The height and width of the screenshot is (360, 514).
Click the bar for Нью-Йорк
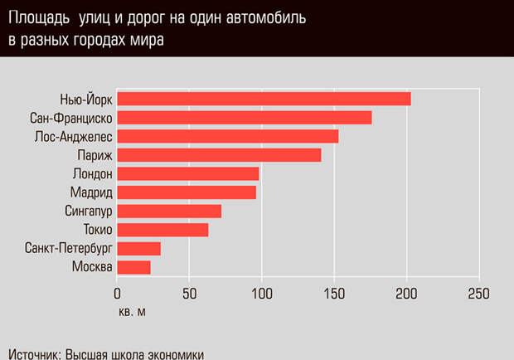click(264, 100)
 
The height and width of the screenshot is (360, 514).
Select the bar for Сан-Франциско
click(244, 118)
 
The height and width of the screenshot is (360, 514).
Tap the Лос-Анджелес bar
click(227, 136)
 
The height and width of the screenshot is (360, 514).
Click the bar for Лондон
click(187, 173)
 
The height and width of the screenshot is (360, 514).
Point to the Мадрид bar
click(187, 192)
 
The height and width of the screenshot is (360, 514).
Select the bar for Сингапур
click(169, 211)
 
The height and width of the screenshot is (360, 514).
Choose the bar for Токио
click(162, 230)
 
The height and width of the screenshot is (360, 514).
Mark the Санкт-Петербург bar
click(138, 248)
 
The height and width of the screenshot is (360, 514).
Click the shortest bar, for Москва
click(133, 267)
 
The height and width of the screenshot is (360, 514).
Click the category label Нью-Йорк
click(86, 100)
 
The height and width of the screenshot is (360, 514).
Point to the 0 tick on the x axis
click(117, 294)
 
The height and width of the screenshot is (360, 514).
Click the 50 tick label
click(189, 294)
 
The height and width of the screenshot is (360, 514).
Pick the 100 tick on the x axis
click(261, 294)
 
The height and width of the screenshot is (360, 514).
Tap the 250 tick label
click(478, 294)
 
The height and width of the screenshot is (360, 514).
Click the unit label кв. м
click(131, 312)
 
